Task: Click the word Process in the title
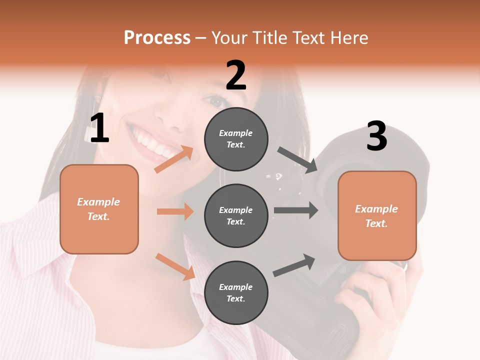click(157, 37)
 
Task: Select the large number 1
click(99, 128)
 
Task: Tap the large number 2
click(236, 75)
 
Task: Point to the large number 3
click(377, 136)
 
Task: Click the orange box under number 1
click(99, 209)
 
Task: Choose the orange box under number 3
click(377, 216)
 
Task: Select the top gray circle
click(236, 139)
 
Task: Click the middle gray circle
click(236, 215)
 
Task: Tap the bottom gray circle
click(236, 292)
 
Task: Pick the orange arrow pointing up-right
click(174, 159)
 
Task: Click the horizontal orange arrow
click(175, 211)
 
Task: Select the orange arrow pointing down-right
click(175, 266)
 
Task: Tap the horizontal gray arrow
click(296, 210)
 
